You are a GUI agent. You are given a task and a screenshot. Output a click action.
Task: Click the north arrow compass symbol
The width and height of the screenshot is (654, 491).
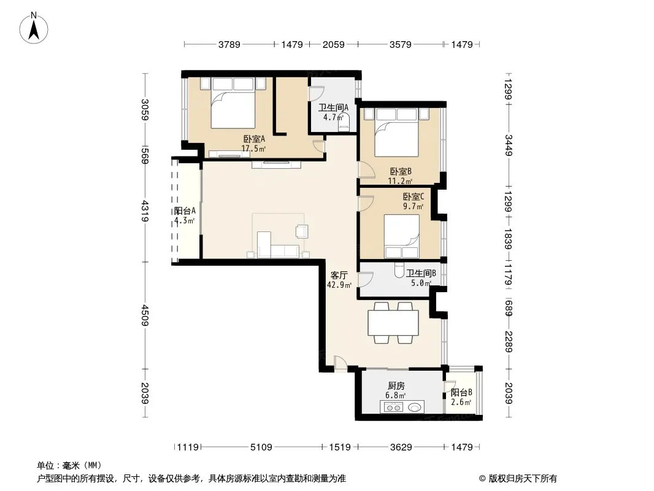coord(34,28)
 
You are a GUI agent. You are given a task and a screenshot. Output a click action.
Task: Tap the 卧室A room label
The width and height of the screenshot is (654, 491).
coord(254,139)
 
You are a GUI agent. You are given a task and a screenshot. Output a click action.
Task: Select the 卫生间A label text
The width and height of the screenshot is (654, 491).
coord(333,107)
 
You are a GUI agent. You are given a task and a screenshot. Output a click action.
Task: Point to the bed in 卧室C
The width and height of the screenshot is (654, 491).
coord(401,236)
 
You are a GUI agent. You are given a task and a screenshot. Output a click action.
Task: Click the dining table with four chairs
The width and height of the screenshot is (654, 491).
coord(393,323)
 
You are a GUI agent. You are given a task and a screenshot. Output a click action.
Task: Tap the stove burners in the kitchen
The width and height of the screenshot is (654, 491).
coord(391,407)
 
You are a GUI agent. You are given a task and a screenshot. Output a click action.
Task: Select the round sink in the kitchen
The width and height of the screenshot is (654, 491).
coord(415,407)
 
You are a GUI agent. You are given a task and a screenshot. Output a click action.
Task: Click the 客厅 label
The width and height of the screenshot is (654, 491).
coord(339,276)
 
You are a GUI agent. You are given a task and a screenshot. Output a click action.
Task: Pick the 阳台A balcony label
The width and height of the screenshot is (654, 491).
coord(185,211)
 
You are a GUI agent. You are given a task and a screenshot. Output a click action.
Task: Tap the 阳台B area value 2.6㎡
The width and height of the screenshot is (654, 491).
coord(461,403)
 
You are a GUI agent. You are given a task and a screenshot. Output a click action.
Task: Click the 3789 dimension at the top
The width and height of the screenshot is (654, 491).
coord(229,44)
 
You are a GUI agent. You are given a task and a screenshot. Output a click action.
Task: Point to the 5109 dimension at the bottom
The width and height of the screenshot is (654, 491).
coord(261,447)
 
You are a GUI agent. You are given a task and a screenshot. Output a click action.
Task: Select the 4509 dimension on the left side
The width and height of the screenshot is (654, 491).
coord(145,315)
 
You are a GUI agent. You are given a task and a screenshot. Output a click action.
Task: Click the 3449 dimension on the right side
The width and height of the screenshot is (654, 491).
coord(509,145)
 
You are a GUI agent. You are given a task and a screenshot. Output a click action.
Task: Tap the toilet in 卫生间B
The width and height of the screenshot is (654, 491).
coord(399,271)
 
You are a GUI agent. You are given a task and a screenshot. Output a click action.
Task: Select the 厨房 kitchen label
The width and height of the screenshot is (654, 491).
coord(396,386)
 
